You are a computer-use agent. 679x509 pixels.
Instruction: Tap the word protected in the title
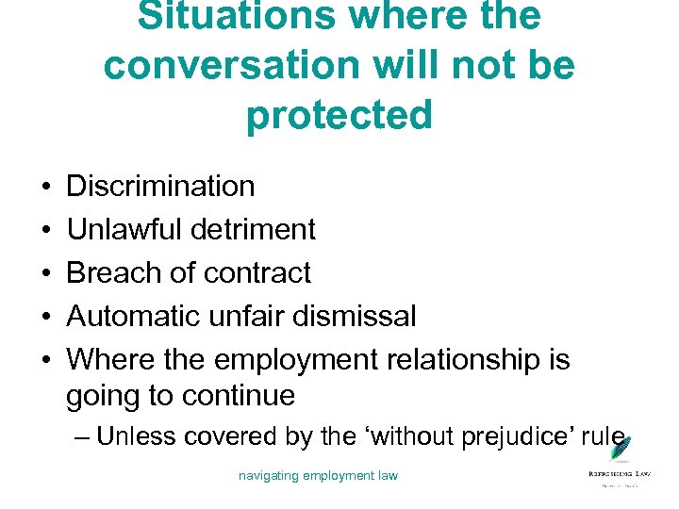pos(339,115)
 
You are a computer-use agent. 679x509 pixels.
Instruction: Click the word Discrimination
pos(160,187)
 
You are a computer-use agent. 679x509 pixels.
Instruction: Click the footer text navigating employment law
pos(318,475)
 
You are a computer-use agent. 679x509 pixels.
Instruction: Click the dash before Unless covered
pos(82,437)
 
